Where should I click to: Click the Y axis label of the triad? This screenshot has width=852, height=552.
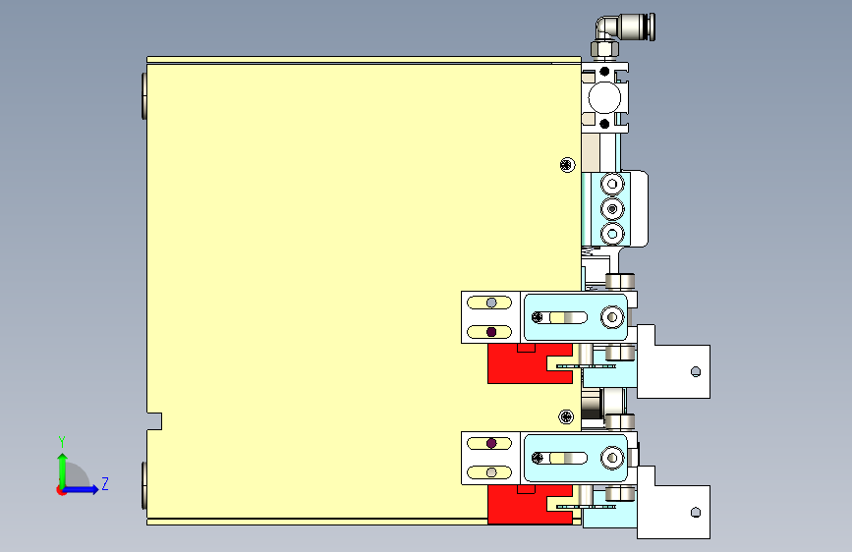click(x=62, y=441)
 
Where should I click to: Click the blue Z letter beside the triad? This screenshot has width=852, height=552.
click(x=104, y=483)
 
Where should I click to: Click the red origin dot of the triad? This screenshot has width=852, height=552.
click(x=62, y=489)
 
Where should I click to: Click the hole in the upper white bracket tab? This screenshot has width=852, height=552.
click(x=696, y=371)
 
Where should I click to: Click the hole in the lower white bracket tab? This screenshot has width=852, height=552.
click(x=696, y=512)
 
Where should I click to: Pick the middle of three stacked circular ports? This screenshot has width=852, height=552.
click(x=613, y=209)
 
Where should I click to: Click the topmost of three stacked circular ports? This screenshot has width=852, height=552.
click(x=613, y=185)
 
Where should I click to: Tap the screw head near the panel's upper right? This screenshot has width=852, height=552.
click(x=566, y=163)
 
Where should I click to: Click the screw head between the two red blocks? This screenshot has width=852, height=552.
click(x=567, y=417)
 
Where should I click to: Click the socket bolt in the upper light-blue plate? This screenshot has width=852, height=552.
click(x=612, y=317)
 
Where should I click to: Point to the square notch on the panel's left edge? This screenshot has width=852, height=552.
click(x=154, y=421)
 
